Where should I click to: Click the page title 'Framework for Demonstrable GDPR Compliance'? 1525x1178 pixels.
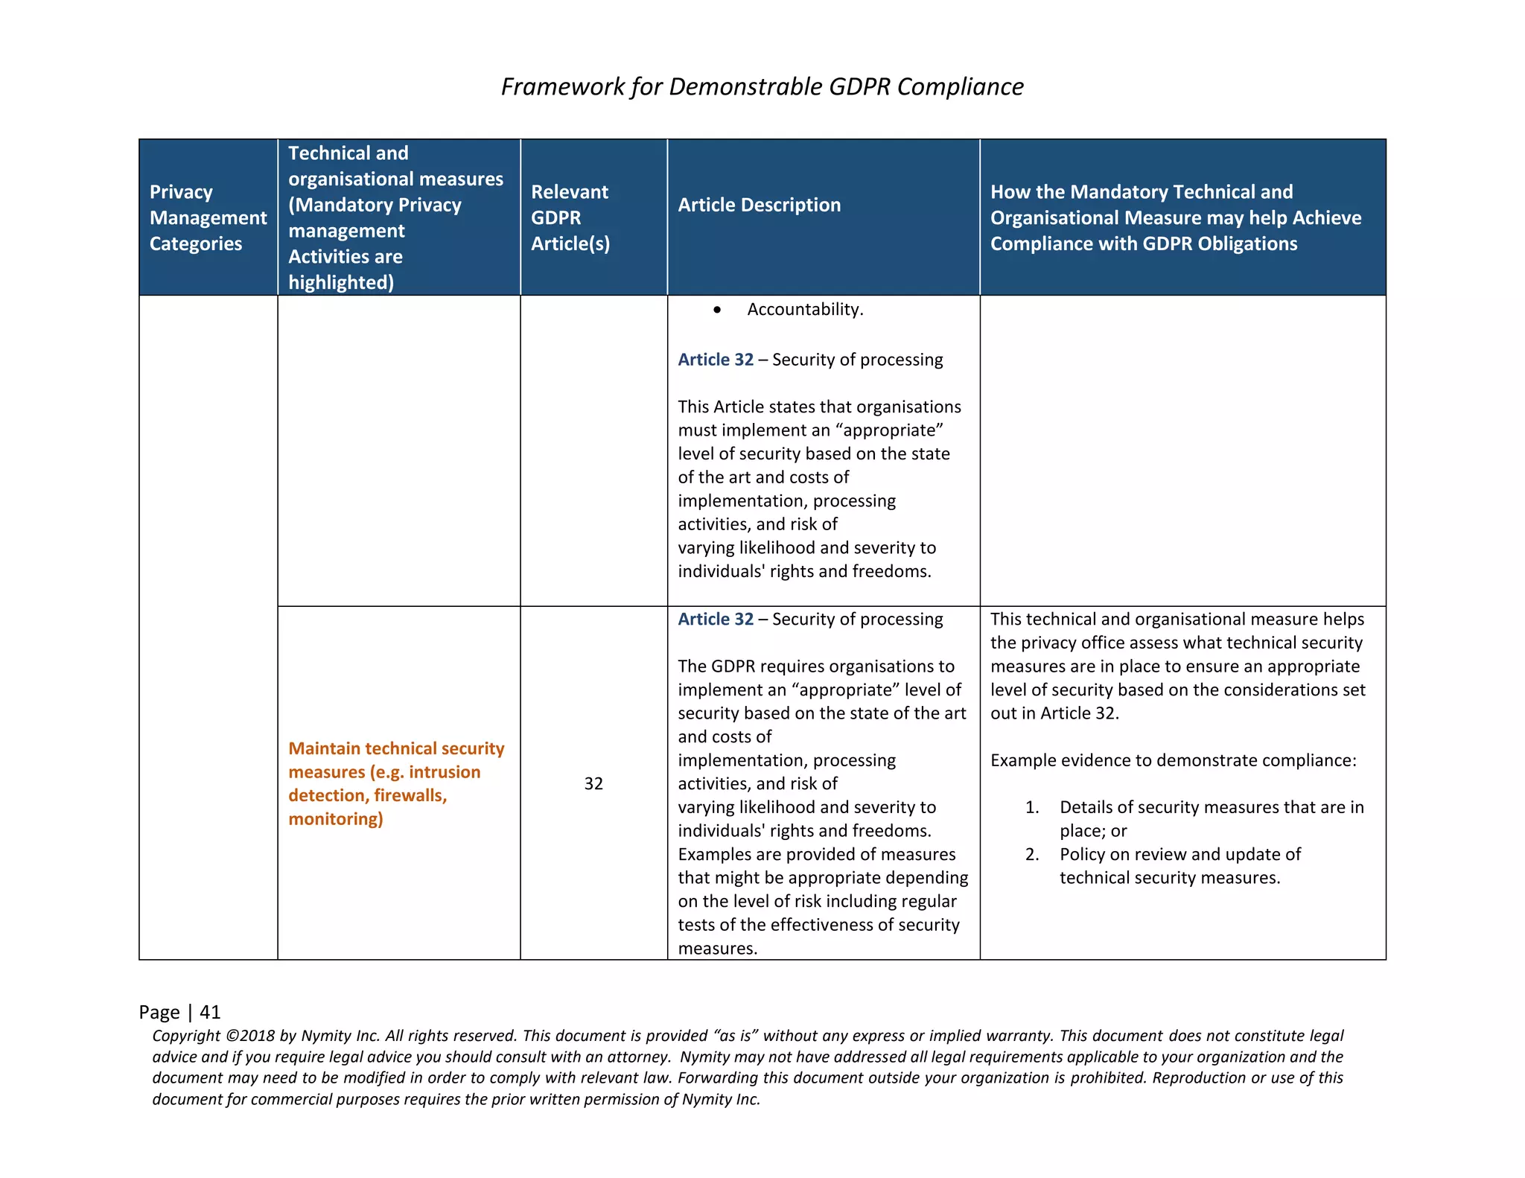[x=762, y=87]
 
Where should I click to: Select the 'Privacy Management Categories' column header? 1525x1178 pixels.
[x=208, y=217]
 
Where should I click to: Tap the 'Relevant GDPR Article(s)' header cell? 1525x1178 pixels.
[x=570, y=217]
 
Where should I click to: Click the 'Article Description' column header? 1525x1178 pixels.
[x=759, y=205]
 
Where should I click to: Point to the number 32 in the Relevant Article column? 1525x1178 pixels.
[x=593, y=783]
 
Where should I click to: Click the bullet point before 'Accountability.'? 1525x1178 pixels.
[x=717, y=310]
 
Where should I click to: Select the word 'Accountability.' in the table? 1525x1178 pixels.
[x=805, y=310]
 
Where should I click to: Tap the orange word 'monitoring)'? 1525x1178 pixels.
[x=336, y=819]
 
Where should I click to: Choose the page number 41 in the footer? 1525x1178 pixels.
[x=210, y=1012]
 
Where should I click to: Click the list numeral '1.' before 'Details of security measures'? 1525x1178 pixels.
[x=1032, y=807]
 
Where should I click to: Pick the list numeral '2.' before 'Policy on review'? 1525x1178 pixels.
[x=1032, y=854]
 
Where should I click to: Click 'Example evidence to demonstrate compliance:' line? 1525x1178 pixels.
[x=1173, y=760]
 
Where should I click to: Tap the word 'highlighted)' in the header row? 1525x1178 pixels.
[x=341, y=282]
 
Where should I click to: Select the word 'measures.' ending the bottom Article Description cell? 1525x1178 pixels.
[x=717, y=948]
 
